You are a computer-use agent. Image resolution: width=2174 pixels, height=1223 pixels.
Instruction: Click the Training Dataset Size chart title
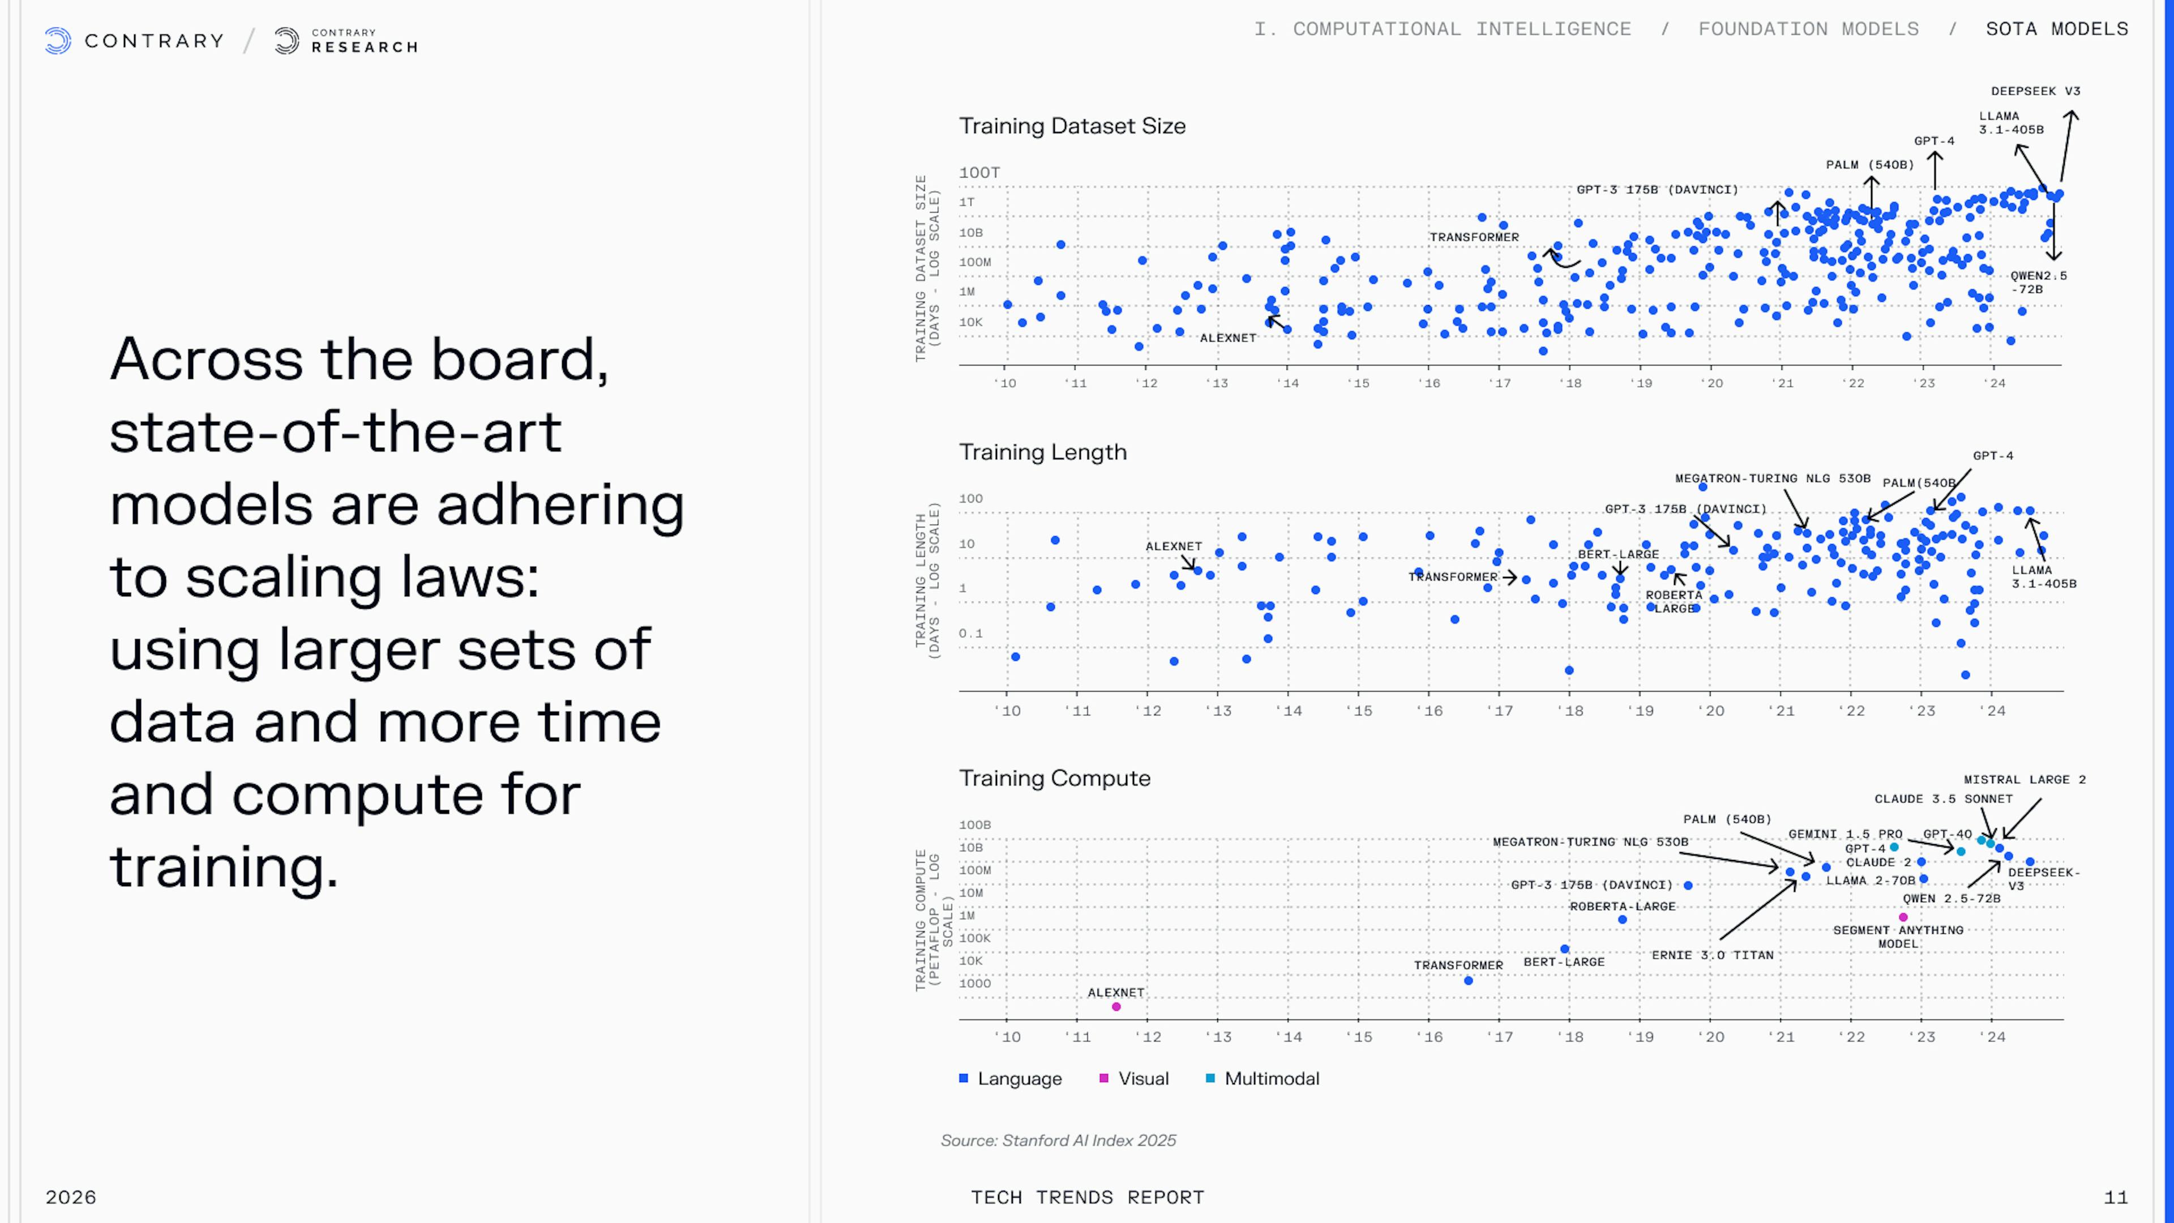point(1072,126)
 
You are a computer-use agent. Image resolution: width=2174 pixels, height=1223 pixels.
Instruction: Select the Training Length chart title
point(1042,452)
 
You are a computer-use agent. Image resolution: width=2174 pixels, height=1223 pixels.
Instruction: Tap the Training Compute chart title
point(1054,778)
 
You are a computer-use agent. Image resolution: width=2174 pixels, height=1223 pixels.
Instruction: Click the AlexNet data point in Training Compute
point(1116,1007)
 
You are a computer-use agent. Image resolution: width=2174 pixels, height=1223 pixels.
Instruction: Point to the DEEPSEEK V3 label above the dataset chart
point(2036,91)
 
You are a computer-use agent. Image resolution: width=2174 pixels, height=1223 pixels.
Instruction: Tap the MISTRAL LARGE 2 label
point(2024,780)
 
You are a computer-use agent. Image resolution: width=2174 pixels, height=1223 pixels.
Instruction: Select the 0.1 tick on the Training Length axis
point(970,633)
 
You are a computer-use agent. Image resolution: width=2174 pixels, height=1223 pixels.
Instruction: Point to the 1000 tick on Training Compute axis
point(975,983)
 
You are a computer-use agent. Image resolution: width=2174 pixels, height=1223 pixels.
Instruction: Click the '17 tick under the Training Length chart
point(1500,711)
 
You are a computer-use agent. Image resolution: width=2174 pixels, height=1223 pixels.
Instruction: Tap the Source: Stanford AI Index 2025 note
point(1058,1140)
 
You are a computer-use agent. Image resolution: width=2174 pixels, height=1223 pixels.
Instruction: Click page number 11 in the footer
point(2116,1197)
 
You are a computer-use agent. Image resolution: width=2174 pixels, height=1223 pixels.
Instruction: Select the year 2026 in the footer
point(71,1197)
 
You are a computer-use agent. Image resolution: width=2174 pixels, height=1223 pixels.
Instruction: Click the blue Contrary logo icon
point(57,41)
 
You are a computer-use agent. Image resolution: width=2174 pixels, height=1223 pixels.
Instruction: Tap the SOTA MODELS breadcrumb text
point(2057,29)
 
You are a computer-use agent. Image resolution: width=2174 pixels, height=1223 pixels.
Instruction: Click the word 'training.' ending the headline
point(224,867)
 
